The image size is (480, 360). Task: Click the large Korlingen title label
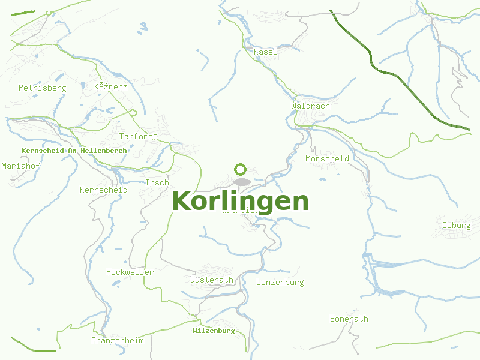(240, 202)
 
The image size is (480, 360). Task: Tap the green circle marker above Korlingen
(241, 169)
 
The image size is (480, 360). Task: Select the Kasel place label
(265, 52)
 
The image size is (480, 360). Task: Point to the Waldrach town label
(310, 106)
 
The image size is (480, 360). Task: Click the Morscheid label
(327, 159)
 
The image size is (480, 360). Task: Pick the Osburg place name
(456, 226)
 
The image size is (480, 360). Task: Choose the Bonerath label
(349, 319)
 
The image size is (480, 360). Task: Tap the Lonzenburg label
(280, 283)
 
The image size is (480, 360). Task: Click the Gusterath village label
(211, 280)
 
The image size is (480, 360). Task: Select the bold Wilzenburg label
(214, 331)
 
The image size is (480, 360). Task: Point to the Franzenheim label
(117, 341)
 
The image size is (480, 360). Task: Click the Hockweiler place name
(130, 272)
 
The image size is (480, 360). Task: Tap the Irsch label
(157, 183)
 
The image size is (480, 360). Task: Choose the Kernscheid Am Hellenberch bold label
(74, 151)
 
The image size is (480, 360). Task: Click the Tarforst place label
(138, 137)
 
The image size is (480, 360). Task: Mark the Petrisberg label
(42, 88)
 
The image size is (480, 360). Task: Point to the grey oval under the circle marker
(242, 182)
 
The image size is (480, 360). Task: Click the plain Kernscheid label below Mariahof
(103, 190)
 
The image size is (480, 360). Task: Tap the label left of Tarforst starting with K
(110, 87)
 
